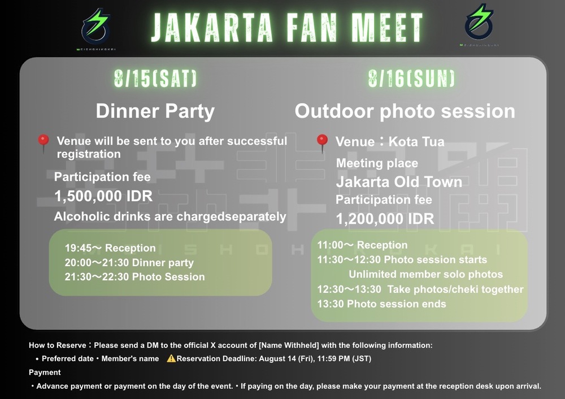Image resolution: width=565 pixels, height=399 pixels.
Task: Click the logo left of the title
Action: tap(96, 29)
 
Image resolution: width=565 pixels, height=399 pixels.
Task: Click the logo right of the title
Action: tap(479, 24)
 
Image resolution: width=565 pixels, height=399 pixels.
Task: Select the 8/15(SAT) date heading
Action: tap(155, 78)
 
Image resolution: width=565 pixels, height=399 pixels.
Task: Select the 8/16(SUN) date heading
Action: tap(411, 78)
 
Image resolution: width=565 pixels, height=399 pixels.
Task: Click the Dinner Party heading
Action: tap(155, 111)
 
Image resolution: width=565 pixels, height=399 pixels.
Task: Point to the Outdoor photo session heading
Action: tap(405, 111)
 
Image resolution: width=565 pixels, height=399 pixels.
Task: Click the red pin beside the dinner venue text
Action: tap(44, 143)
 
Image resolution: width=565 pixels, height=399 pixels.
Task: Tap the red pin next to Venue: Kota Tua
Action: tap(322, 143)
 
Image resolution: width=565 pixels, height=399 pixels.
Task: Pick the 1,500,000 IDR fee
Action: tap(103, 196)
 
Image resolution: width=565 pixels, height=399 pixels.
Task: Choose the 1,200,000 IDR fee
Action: tap(385, 219)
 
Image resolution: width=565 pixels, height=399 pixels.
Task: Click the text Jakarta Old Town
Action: tap(399, 181)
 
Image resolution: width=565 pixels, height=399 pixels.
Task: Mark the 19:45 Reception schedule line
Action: tap(110, 248)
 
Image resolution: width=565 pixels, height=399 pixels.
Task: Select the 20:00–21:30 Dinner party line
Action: tap(129, 262)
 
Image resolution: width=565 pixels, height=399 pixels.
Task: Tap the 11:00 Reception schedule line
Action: tap(362, 245)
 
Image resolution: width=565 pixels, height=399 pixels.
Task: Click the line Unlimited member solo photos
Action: tap(425, 274)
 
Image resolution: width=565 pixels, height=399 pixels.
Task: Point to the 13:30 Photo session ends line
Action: tap(381, 304)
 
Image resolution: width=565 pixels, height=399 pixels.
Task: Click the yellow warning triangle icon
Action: tap(171, 358)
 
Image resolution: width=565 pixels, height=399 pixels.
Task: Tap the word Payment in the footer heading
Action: tap(45, 372)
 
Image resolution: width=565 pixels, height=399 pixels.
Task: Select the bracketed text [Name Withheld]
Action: tap(289, 345)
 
